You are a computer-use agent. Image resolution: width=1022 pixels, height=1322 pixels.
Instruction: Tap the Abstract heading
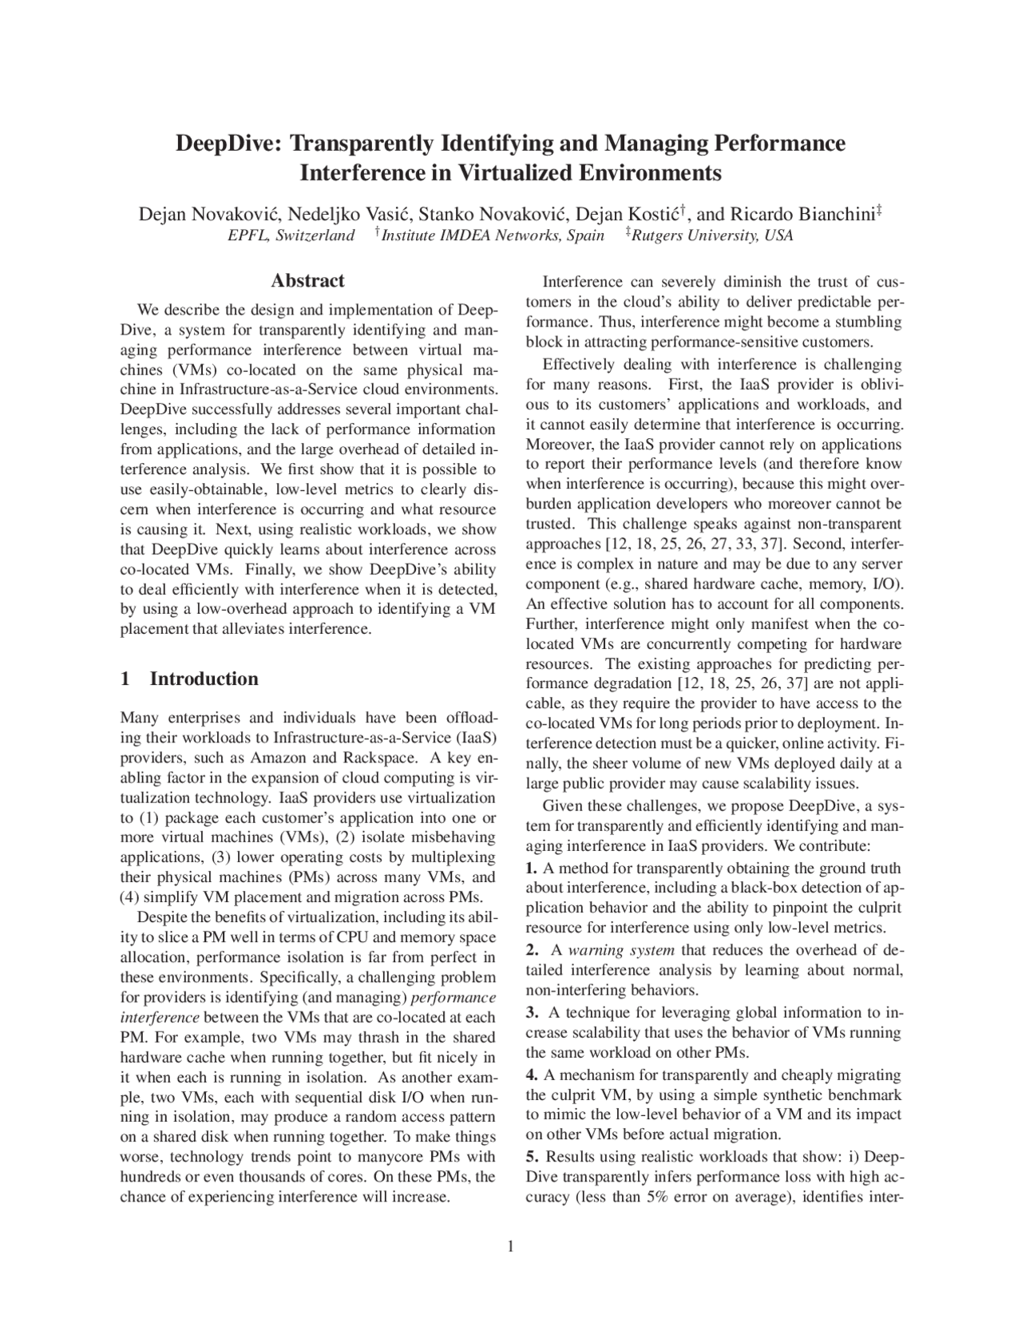307,281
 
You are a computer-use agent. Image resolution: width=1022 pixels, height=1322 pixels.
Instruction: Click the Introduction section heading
204,679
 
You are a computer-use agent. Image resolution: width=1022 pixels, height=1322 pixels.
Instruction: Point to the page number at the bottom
511,1247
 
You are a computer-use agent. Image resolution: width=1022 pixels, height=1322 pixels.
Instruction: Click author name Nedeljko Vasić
349,215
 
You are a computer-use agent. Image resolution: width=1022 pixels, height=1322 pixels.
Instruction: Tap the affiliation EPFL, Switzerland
291,236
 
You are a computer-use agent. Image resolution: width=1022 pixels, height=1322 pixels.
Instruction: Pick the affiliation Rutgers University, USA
711,236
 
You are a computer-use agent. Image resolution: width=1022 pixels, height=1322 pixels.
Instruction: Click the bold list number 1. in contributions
532,869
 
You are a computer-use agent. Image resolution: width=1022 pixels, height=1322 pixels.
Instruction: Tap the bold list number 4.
532,1075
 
